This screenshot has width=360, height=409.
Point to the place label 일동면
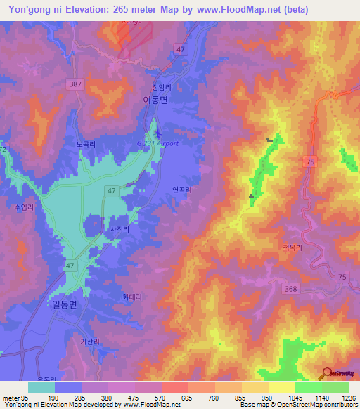(64, 304)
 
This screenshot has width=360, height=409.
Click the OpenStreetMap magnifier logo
(327, 372)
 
